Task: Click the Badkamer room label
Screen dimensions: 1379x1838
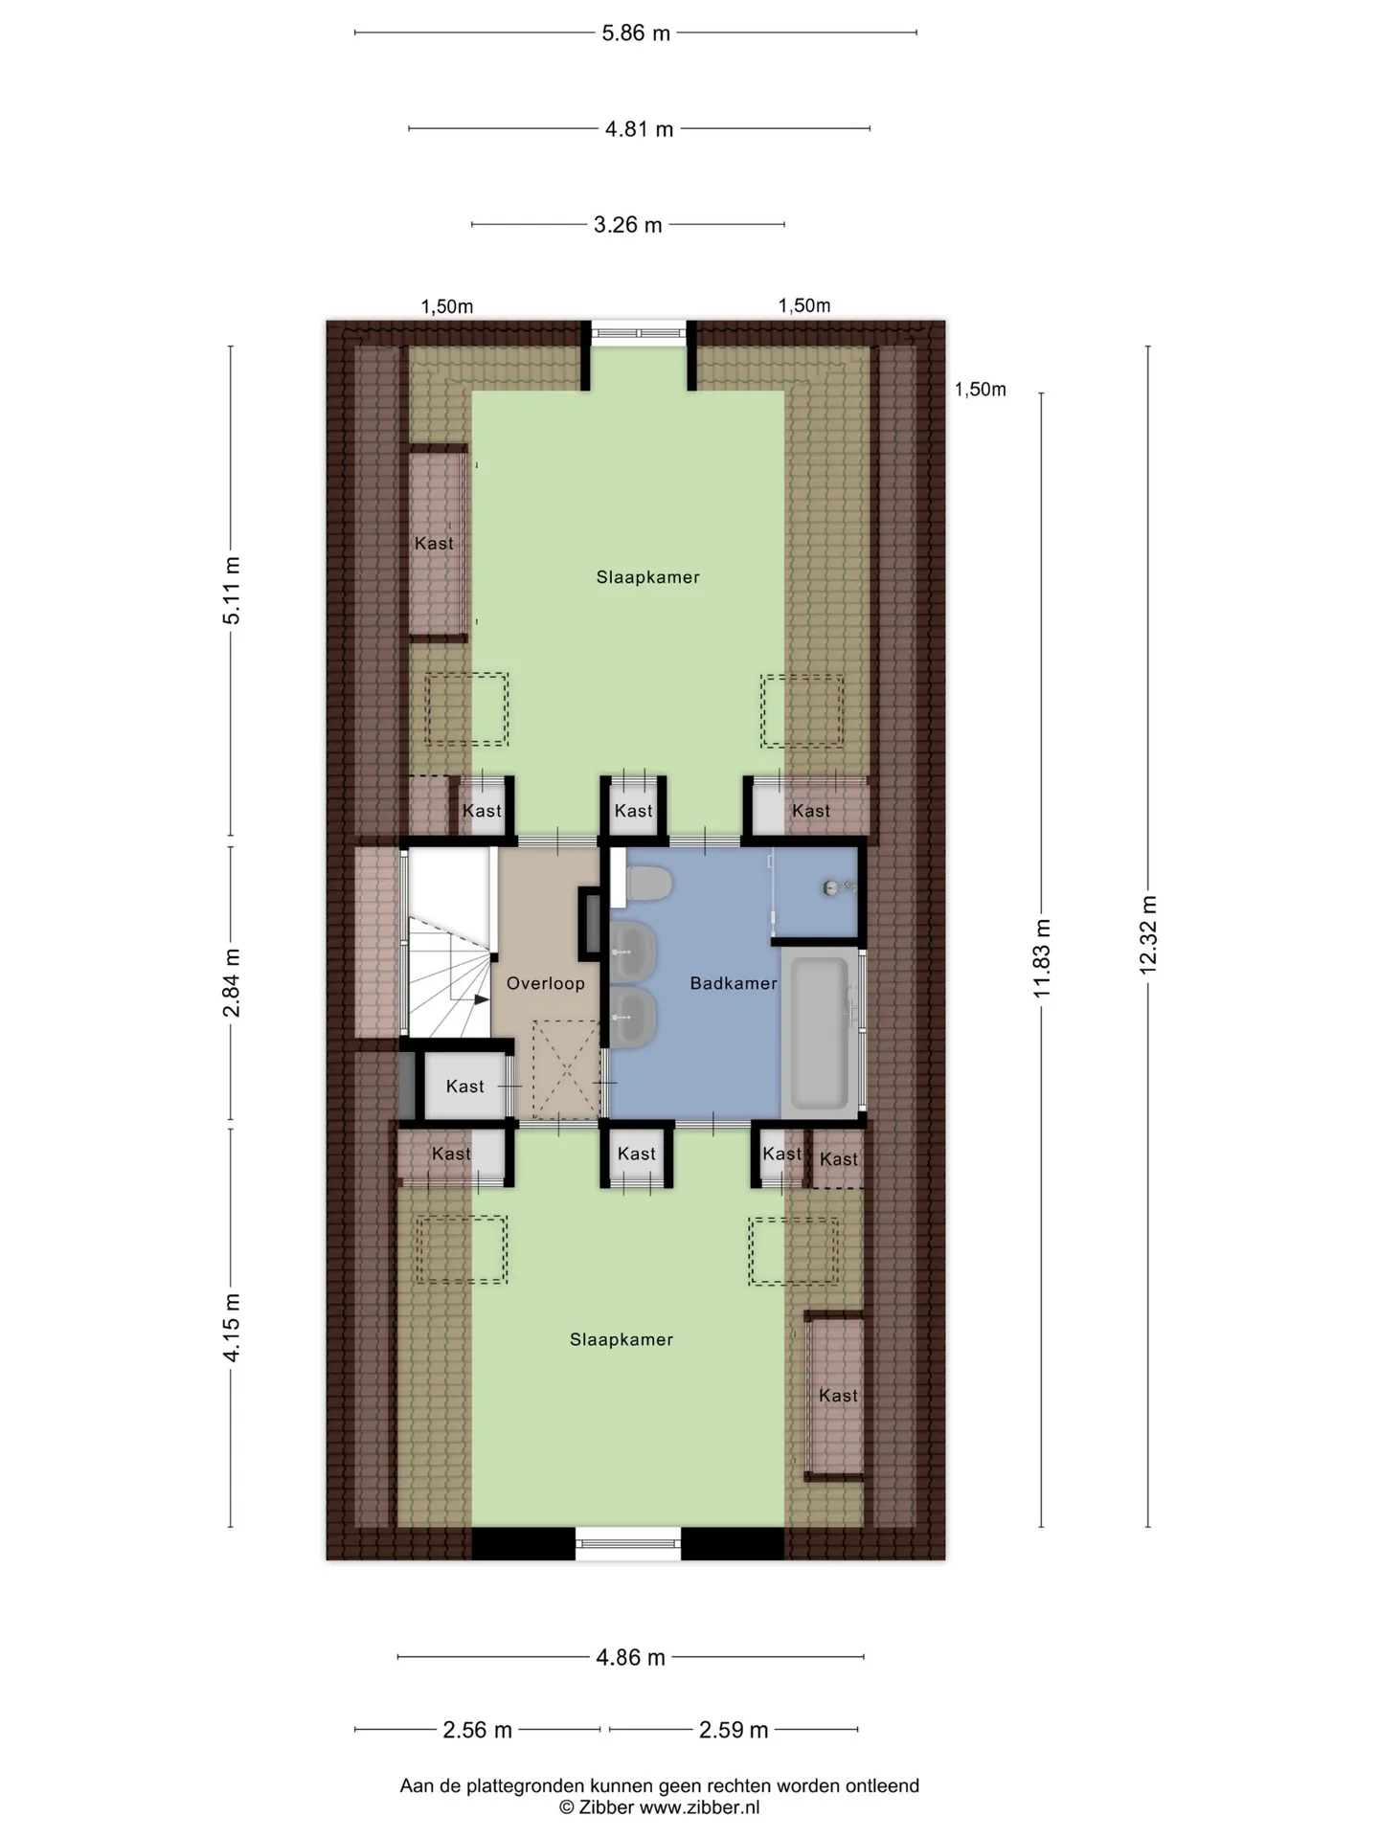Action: (734, 983)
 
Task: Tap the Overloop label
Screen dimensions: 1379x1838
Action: (546, 983)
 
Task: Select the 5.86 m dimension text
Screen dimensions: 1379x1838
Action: (636, 34)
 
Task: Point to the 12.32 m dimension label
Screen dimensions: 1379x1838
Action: (1148, 935)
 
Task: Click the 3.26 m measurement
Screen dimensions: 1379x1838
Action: (628, 225)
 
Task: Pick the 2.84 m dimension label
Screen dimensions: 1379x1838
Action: (231, 983)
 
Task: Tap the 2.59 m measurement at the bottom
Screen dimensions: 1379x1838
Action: (734, 1730)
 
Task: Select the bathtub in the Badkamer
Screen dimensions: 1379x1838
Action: (820, 1033)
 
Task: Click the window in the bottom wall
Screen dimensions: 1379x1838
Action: (628, 1543)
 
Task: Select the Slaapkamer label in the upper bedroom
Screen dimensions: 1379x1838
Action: (648, 577)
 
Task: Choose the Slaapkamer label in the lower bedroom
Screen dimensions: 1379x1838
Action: (622, 1340)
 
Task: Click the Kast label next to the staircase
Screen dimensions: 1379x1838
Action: (465, 1087)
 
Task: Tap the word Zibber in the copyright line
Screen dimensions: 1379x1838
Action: (605, 1807)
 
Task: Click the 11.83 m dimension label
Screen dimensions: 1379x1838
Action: (1042, 958)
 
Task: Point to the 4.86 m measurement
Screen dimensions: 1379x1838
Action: (631, 1657)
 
